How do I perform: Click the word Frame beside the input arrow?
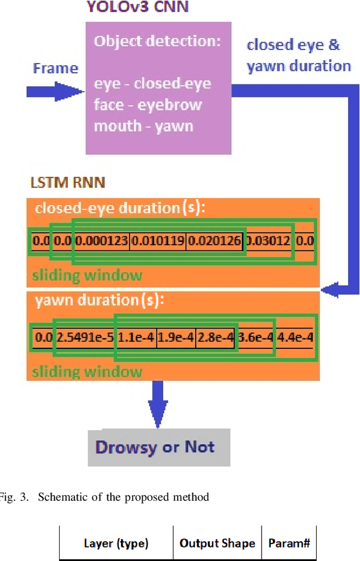tap(55, 68)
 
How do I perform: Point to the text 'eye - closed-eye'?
tap(152, 84)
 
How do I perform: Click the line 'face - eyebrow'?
tap(147, 105)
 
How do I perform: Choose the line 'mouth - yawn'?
tap(143, 125)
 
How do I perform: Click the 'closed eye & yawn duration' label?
tap(299, 55)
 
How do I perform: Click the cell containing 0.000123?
tap(101, 241)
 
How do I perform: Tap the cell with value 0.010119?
tap(157, 241)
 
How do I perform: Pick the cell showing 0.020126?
tap(214, 241)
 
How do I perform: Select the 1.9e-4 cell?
tap(175, 338)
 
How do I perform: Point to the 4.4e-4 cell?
tap(295, 338)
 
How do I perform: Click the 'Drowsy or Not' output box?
tap(159, 447)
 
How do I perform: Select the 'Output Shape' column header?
tap(217, 544)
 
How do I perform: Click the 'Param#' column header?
tap(289, 544)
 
